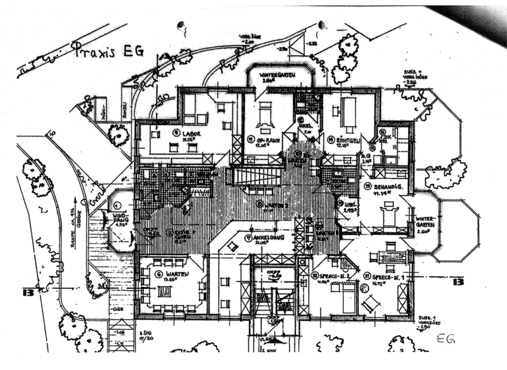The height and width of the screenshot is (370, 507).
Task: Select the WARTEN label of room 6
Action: click(175, 274)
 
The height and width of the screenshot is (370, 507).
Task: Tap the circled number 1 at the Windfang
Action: click(118, 207)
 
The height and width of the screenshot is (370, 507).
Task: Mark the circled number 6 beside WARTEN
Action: click(158, 274)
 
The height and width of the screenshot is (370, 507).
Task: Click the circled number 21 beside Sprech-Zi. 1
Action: click(367, 275)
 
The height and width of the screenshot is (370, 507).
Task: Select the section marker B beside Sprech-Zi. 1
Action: click(456, 281)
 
